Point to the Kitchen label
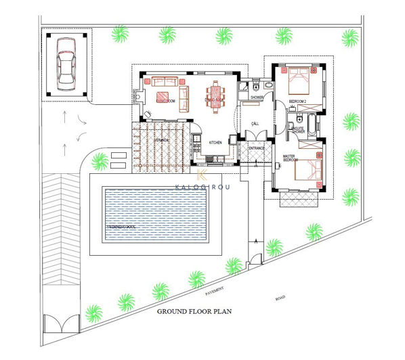click(x=215, y=143)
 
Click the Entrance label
click(x=256, y=148)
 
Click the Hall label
click(x=255, y=123)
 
